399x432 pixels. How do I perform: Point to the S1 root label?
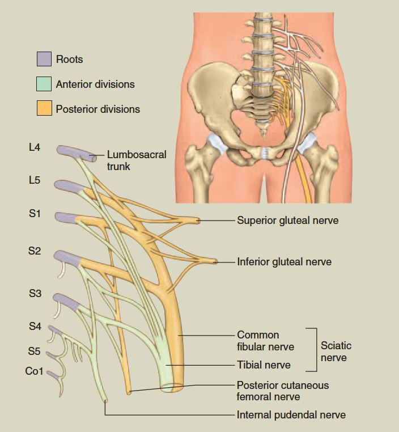click(x=34, y=215)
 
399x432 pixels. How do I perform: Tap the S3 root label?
click(x=34, y=294)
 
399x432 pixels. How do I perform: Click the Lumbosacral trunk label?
click(x=129, y=159)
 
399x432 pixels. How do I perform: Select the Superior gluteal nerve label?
click(x=287, y=220)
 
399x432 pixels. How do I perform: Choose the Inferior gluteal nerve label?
click(x=284, y=261)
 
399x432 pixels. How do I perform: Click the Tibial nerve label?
click(x=264, y=365)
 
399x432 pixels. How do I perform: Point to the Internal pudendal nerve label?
click(x=291, y=415)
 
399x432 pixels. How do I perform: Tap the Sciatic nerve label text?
click(x=336, y=351)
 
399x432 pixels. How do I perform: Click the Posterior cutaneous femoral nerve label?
click(x=282, y=391)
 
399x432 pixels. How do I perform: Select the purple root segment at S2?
click(x=69, y=259)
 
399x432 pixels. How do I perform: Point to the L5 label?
click(x=34, y=181)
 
